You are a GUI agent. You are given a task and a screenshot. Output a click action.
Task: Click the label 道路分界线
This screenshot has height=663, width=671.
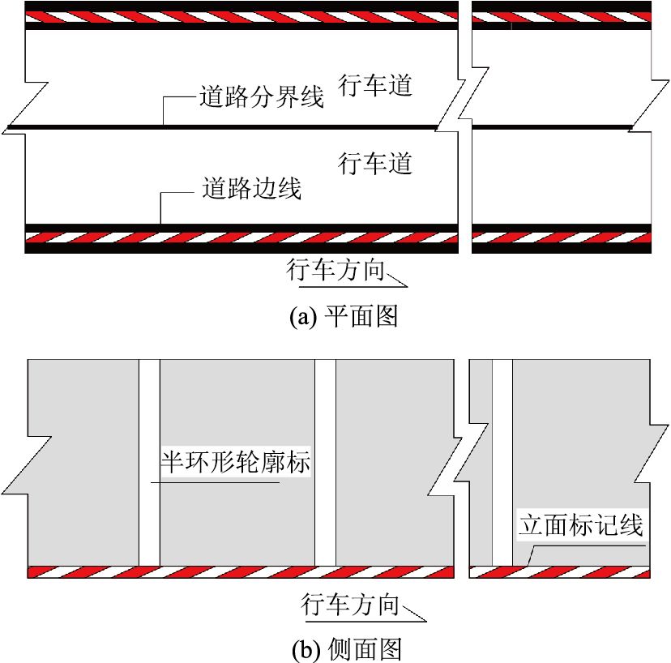pyautogui.click(x=261, y=98)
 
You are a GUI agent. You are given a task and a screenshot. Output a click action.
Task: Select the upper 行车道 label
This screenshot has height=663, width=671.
pyautogui.click(x=375, y=86)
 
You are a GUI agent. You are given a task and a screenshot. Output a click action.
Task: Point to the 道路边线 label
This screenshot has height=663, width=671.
pyautogui.click(x=250, y=190)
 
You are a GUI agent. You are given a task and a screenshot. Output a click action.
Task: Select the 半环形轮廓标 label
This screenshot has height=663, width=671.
pyautogui.click(x=236, y=464)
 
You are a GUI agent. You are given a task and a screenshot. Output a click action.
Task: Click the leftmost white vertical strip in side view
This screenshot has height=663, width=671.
pyautogui.click(x=149, y=462)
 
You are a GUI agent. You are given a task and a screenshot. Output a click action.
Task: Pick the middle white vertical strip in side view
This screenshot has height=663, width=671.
pyautogui.click(x=325, y=462)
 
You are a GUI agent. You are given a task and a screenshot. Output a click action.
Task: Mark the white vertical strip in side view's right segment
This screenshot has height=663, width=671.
pyautogui.click(x=502, y=462)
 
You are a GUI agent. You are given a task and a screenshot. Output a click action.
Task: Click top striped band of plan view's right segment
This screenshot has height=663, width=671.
pyautogui.click(x=561, y=17)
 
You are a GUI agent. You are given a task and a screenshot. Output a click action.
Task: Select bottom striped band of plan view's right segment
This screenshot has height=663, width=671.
pyautogui.click(x=561, y=238)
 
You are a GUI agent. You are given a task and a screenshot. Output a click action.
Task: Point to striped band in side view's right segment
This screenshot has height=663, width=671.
pyautogui.click(x=561, y=572)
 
